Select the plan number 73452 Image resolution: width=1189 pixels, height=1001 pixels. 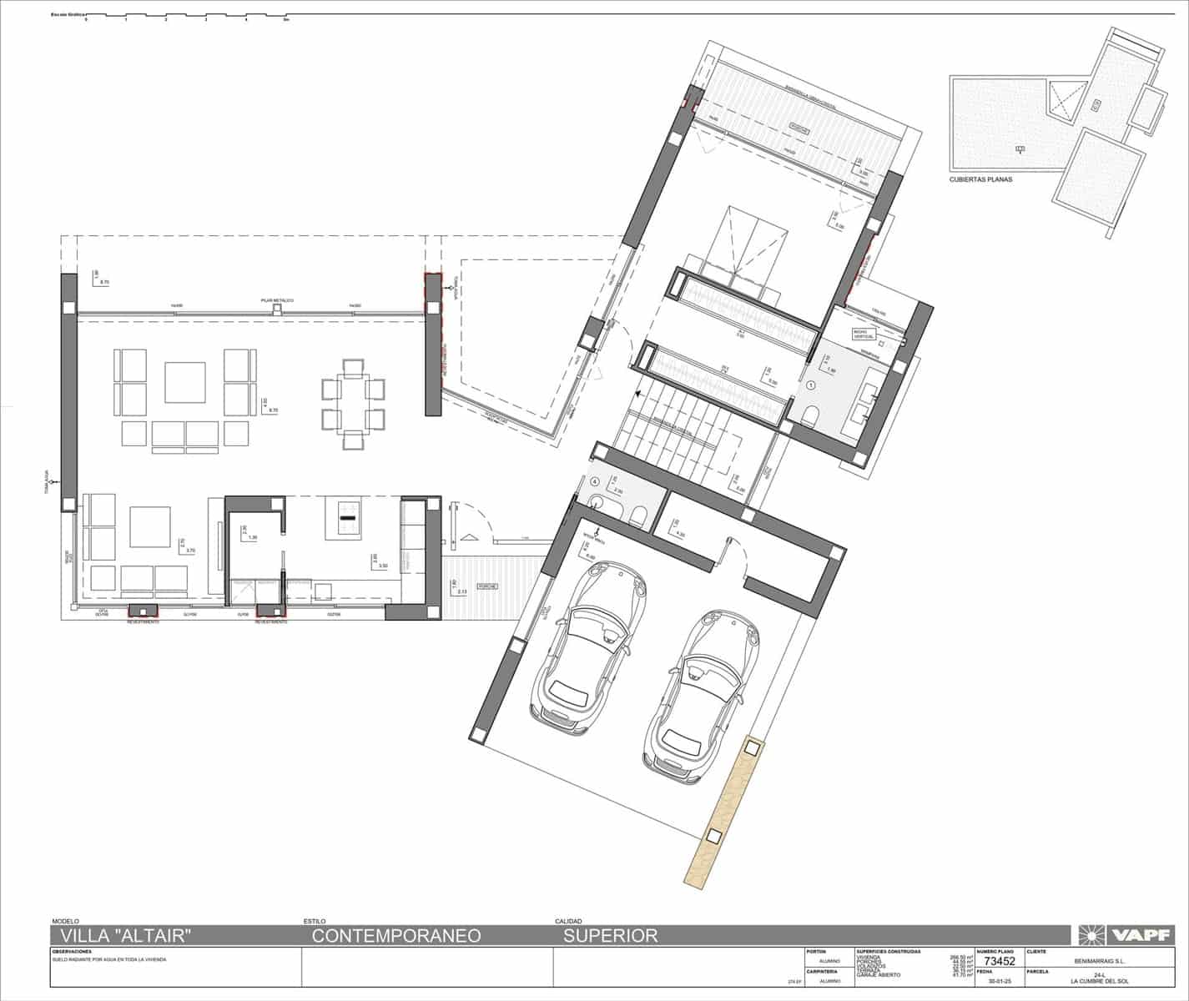[998, 961]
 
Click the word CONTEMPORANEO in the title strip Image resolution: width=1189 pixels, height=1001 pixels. [396, 935]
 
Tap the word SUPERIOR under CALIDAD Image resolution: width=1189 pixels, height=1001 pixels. [611, 935]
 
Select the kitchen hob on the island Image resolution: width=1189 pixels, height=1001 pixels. [347, 518]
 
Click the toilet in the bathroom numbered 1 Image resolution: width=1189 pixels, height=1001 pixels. [809, 415]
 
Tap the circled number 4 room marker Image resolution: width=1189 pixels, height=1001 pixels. [594, 481]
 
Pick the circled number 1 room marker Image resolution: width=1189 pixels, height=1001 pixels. [811, 385]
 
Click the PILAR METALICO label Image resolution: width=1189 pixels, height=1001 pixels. [276, 299]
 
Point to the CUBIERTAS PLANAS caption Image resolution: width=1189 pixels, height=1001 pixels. [980, 179]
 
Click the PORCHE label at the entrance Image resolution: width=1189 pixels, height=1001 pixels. [488, 586]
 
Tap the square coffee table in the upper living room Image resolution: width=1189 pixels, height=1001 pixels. [184, 381]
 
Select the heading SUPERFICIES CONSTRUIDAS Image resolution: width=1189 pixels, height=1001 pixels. [888, 951]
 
